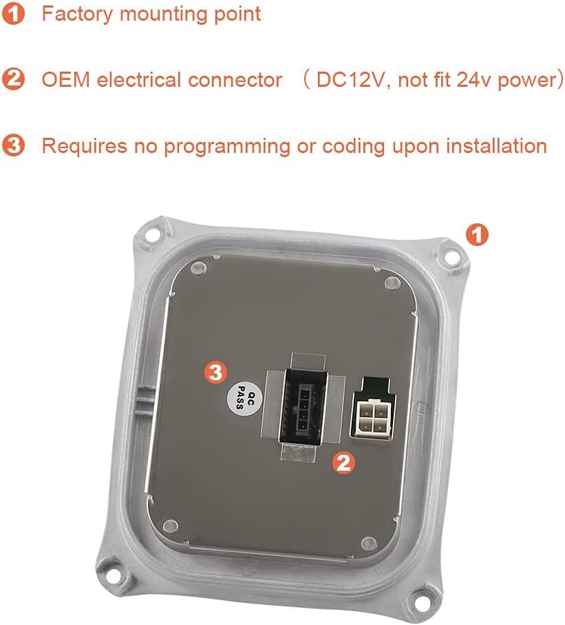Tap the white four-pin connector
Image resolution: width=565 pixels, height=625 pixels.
pos(371,420)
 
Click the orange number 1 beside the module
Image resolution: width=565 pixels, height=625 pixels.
pos(477,235)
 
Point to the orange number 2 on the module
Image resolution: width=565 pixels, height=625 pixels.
pos(343,463)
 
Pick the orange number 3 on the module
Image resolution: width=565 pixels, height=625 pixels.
pos(215,373)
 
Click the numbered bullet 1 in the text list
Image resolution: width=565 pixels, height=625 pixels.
pos(13,13)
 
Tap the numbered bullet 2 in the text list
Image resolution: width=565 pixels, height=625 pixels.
pos(13,79)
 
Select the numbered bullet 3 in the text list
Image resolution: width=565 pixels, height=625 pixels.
pos(13,145)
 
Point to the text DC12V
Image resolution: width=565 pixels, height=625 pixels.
pos(350,80)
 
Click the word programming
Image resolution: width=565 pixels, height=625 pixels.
pos(227,147)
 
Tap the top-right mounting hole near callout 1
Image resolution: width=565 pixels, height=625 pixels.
pos(450,257)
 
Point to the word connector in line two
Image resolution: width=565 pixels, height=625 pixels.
pos(235,80)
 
